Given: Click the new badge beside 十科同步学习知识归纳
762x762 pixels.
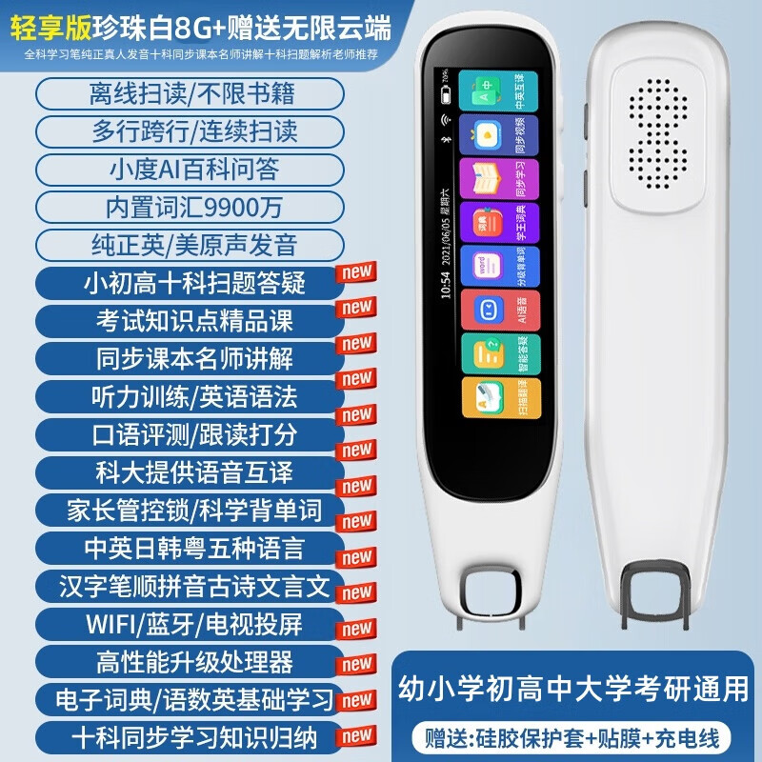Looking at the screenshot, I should click(x=357, y=735).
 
